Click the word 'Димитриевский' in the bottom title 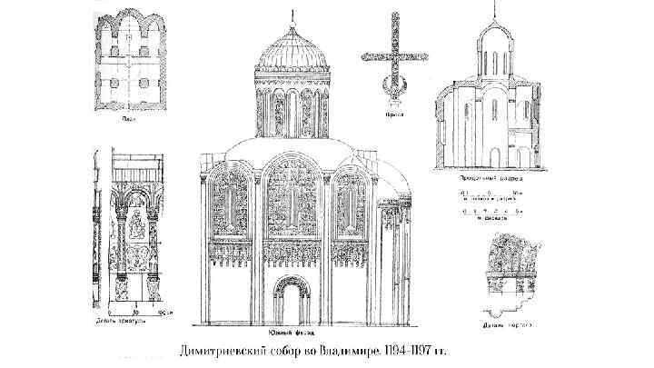(229, 350)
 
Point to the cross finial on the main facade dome (292, 15)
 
